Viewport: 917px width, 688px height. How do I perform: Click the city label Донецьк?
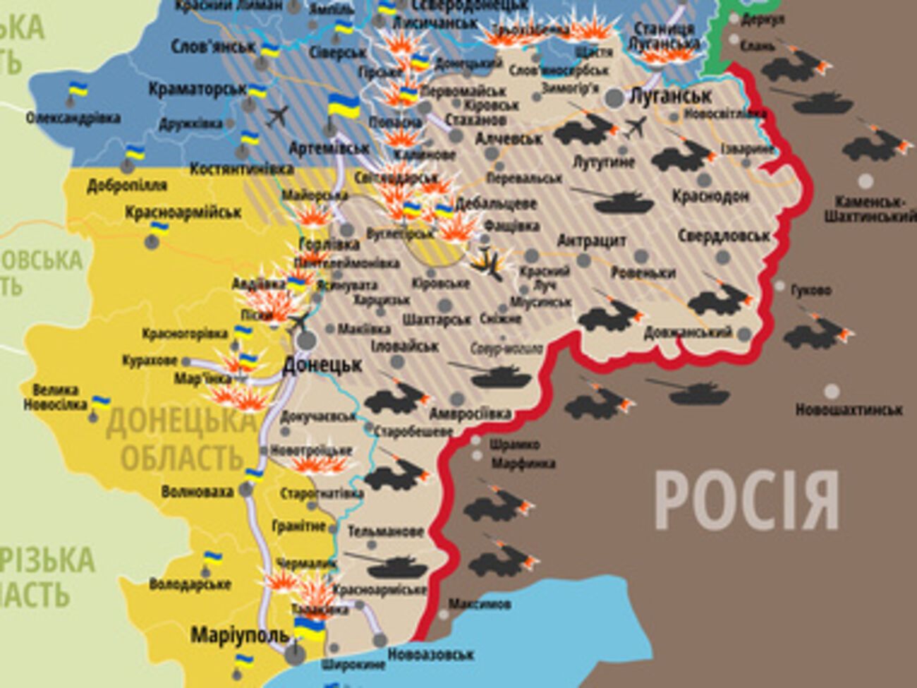[322, 365]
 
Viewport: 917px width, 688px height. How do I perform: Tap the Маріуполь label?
[240, 634]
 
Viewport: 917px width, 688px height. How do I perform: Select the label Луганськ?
[670, 95]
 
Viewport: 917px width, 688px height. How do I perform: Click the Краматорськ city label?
[197, 90]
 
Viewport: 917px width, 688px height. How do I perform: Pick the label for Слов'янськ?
[213, 47]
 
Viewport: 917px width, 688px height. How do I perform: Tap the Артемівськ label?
[329, 148]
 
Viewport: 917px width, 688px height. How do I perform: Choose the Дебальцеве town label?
[497, 203]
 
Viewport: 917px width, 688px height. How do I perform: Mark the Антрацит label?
[592, 241]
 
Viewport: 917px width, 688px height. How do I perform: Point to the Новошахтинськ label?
[849, 409]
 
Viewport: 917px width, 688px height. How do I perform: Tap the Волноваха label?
[198, 491]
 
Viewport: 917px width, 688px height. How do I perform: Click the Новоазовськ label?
[430, 655]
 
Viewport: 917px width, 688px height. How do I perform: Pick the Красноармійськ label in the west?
[183, 212]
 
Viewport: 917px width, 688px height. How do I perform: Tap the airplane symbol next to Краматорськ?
[279, 114]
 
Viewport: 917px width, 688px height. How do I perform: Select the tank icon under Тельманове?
[387, 565]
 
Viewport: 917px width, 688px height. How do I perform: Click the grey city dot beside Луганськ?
[615, 98]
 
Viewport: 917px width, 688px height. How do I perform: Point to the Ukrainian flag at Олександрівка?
[77, 90]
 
